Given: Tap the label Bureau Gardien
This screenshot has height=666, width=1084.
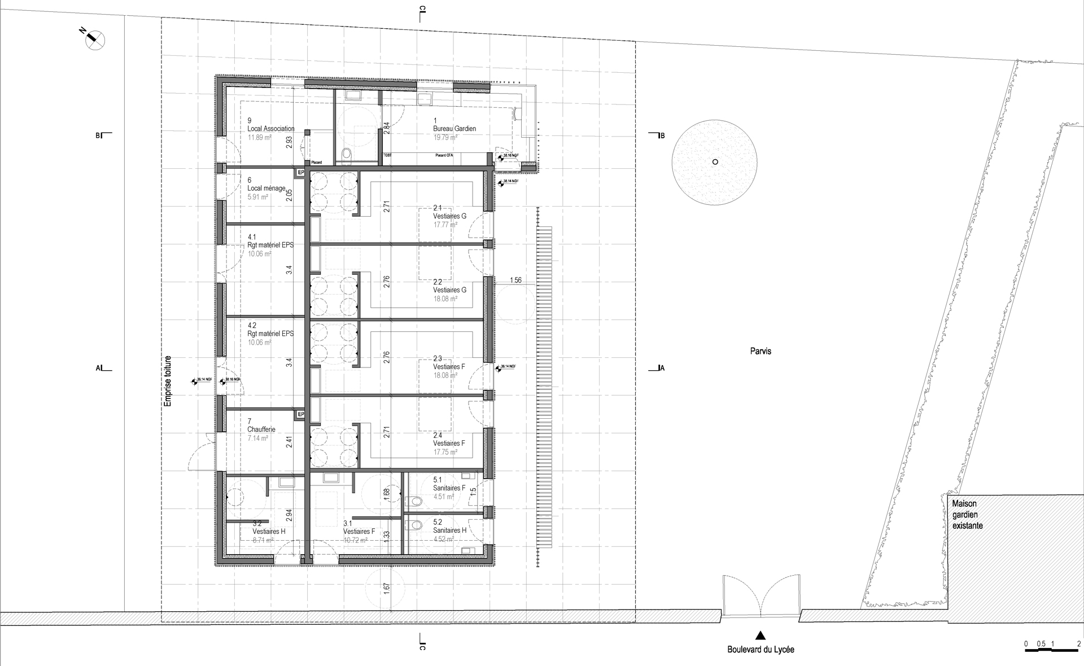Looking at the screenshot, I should click(x=454, y=129).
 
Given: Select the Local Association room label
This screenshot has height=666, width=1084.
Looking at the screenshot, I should click(x=270, y=129).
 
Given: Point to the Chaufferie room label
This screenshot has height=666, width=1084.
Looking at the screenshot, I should click(x=261, y=430).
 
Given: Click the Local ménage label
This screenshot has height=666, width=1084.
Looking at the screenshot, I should click(x=266, y=189).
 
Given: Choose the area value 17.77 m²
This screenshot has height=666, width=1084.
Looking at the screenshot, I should click(x=445, y=225).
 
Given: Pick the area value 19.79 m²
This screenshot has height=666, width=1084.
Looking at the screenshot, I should click(x=445, y=137).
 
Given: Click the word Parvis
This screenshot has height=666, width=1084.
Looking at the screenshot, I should click(x=761, y=351).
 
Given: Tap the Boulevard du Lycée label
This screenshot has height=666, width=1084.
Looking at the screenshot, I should click(x=760, y=650).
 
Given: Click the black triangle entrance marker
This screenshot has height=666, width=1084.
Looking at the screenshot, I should click(x=760, y=634).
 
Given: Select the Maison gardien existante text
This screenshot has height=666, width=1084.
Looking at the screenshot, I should click(x=967, y=514).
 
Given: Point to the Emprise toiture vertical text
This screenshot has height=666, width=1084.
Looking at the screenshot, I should click(x=167, y=382).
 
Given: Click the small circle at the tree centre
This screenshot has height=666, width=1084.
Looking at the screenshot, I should click(x=715, y=162).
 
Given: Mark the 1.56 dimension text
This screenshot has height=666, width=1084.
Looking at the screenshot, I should click(x=515, y=281).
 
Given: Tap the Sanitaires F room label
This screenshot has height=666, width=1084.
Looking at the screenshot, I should click(x=449, y=488).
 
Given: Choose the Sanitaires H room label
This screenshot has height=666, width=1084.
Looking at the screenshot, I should click(x=449, y=531).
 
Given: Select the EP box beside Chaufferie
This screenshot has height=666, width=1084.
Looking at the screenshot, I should click(x=300, y=415).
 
